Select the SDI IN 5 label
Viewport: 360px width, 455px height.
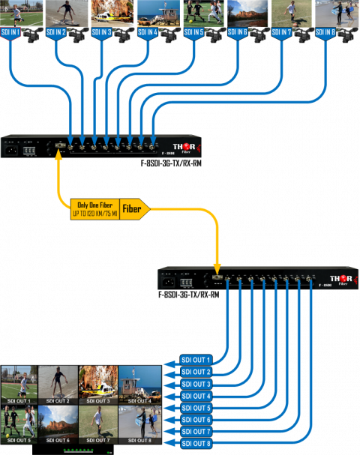click(x=194, y=32)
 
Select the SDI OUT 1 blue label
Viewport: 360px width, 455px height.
click(x=197, y=360)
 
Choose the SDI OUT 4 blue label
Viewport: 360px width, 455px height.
click(x=197, y=396)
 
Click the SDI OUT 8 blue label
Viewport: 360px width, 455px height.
click(x=197, y=444)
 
